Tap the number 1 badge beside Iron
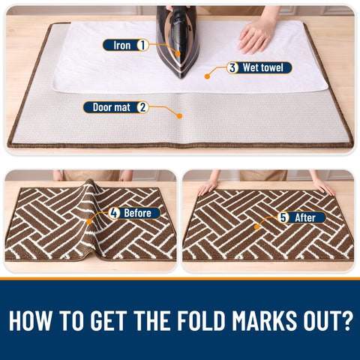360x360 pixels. click(x=142, y=45)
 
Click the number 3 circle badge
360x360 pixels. click(x=232, y=67)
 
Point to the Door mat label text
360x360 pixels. click(x=112, y=107)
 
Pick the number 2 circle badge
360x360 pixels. click(x=142, y=107)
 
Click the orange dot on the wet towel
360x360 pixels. click(x=207, y=76)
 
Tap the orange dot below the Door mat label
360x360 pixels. click(x=179, y=115)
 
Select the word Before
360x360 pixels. click(x=137, y=213)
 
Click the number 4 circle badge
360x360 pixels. click(x=114, y=213)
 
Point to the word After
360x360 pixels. click(x=305, y=217)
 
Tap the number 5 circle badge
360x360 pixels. click(x=283, y=217)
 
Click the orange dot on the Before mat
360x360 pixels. click(x=89, y=222)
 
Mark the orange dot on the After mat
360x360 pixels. click(x=256, y=227)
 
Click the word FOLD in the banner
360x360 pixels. click(x=202, y=320)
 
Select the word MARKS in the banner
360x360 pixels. click(x=265, y=320)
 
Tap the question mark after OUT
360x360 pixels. click(x=346, y=320)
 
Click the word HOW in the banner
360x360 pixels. click(x=31, y=320)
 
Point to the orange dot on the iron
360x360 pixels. click(x=178, y=53)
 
